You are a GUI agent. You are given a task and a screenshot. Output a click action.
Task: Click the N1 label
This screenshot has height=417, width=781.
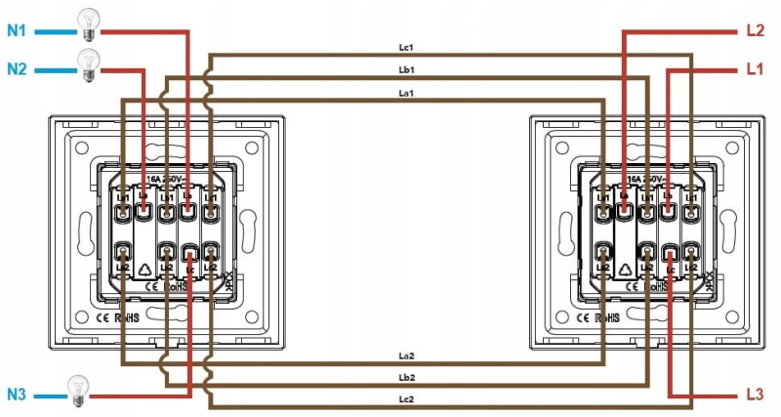coord(18,31)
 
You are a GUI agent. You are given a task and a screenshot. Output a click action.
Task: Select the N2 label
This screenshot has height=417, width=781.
coord(18,69)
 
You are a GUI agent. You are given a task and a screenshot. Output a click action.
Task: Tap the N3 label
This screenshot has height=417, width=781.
coord(18,396)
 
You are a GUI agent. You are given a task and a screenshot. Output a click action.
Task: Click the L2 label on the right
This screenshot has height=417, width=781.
coord(754,31)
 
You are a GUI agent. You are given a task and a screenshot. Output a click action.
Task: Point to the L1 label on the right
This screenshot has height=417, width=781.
coord(754,69)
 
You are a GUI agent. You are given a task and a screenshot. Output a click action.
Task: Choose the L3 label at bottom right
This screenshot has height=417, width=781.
coord(754,396)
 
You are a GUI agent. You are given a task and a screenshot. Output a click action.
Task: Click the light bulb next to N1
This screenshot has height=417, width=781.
coord(89,24)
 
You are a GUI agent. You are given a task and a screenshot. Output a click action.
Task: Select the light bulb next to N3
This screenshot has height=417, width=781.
coord(77,391)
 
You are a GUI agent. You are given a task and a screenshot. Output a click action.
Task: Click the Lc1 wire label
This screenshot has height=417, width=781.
coord(407,48)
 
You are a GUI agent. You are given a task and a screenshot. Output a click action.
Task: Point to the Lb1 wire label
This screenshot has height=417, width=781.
coord(407,70)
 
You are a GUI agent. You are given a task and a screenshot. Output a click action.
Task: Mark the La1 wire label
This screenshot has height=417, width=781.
coord(407,93)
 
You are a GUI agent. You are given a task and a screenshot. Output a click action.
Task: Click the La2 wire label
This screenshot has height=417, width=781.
coord(407,355)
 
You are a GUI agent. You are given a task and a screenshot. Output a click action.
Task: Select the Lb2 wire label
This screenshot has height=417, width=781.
coord(407,378)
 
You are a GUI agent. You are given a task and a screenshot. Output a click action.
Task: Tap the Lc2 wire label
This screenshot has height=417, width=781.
coord(407,400)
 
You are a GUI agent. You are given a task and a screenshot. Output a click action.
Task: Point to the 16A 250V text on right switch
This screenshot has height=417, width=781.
coord(646,181)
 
